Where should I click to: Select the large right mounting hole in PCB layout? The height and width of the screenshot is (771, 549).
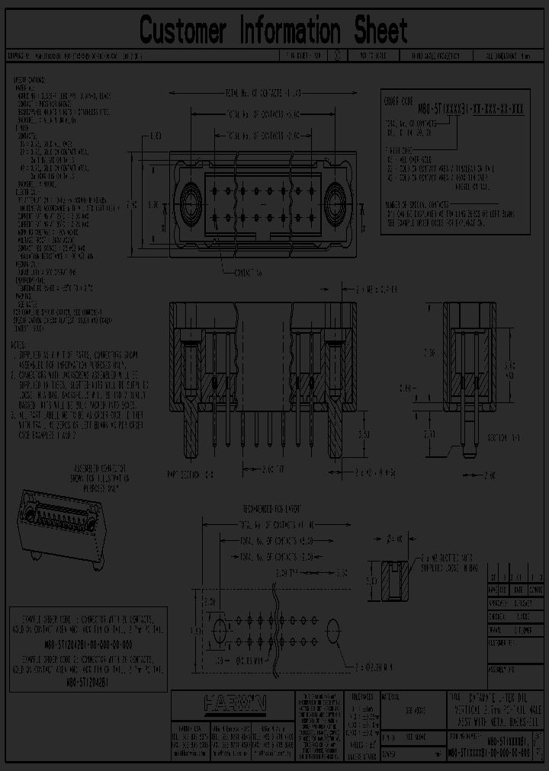[x=333, y=630]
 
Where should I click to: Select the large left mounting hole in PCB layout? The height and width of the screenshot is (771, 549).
[x=221, y=630]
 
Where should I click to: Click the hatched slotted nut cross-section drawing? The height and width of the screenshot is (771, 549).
[x=390, y=581]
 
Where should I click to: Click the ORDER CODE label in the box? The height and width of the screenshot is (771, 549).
[x=396, y=98]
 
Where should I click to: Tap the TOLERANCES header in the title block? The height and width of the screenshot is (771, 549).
[x=362, y=696]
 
